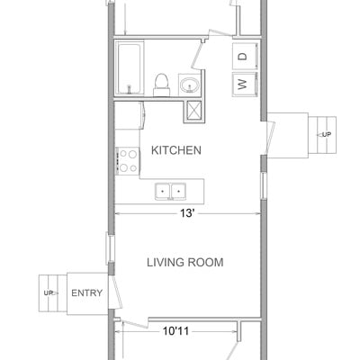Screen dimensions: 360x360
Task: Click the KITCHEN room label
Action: [176, 150]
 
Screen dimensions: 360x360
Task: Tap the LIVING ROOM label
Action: [185, 263]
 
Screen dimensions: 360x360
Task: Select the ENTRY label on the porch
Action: [86, 292]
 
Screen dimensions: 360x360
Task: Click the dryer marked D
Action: [245, 56]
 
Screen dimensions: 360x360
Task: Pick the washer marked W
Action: [245, 85]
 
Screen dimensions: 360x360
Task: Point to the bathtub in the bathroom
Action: [129, 69]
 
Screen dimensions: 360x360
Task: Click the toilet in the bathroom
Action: [162, 85]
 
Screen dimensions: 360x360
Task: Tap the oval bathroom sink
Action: [190, 85]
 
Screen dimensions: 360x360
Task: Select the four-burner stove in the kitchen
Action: [128, 161]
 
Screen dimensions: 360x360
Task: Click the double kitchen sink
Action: [170, 192]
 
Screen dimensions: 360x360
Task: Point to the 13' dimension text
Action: [187, 213]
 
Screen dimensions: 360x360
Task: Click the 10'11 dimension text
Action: [175, 331]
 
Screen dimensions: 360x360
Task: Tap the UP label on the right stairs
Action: [327, 135]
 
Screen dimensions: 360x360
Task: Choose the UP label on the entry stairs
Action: [49, 292]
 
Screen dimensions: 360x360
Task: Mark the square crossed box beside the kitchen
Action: [194, 112]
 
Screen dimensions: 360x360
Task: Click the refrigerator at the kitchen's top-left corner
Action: [130, 115]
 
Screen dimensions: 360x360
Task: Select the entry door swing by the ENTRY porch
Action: [115, 292]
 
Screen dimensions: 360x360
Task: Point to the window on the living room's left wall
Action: [110, 248]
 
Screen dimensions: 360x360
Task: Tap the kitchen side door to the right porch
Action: [271, 137]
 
